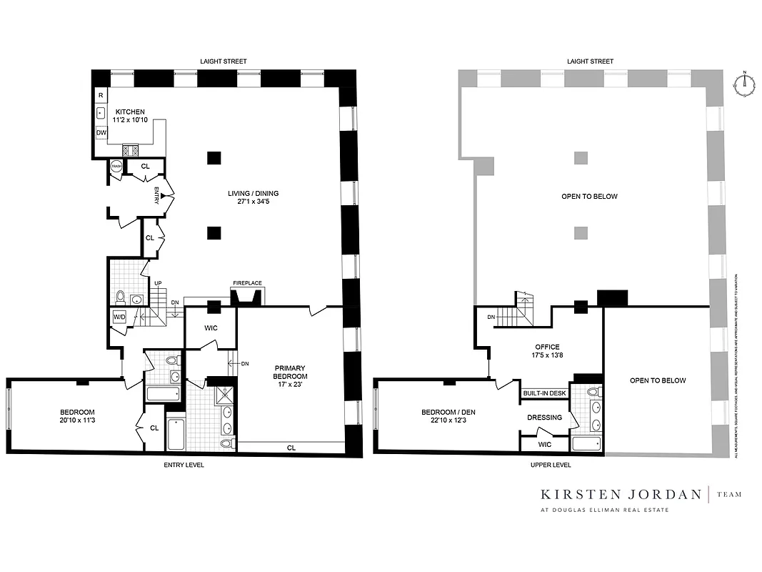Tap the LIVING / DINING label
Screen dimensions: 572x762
click(253, 198)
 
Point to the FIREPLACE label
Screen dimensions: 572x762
click(247, 283)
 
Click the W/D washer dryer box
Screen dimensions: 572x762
click(119, 317)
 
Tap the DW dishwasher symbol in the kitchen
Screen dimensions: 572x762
click(101, 132)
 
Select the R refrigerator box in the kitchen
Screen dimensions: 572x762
click(101, 95)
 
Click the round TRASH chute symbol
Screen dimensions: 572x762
click(116, 167)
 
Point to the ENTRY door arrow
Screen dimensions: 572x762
click(164, 195)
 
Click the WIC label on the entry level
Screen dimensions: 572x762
click(210, 328)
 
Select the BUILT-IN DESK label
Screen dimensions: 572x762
click(544, 393)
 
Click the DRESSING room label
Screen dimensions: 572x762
click(544, 418)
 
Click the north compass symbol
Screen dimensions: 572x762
click(744, 82)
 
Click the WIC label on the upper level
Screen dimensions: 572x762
click(544, 444)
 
